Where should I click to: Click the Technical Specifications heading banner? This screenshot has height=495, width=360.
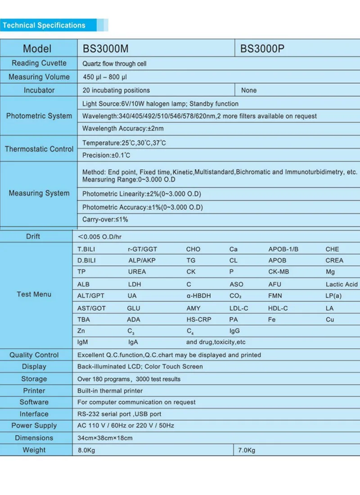click(x=44, y=25)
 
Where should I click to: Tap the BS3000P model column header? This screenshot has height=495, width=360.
click(x=262, y=49)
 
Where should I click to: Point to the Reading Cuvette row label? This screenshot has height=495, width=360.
click(x=39, y=63)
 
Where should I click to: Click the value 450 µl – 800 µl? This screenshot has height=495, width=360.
click(x=104, y=77)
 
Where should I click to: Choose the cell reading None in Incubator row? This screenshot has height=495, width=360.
click(x=249, y=90)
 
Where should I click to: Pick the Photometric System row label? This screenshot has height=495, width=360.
click(x=39, y=116)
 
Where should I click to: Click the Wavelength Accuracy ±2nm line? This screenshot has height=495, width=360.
click(x=123, y=129)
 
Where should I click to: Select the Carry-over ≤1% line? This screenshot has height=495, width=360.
click(x=105, y=220)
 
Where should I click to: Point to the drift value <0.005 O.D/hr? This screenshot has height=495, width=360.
click(x=99, y=236)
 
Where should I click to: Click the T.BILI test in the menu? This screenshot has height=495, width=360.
click(x=86, y=249)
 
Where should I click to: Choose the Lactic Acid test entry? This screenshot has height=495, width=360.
click(x=342, y=284)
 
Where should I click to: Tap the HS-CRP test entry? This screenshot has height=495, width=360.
click(x=198, y=319)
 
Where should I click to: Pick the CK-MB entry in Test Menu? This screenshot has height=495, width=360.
click(x=279, y=272)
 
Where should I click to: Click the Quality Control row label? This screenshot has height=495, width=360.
click(x=34, y=355)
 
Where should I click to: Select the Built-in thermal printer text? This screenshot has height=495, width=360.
click(x=110, y=391)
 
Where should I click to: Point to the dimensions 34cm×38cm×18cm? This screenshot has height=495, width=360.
click(x=105, y=438)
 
